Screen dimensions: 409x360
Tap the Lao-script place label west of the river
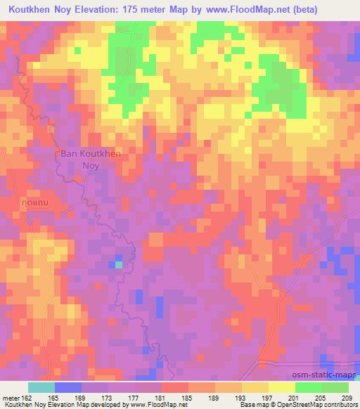pos(33,202)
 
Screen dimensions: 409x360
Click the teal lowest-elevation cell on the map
pos(118,264)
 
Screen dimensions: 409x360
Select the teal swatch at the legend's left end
pos(41,387)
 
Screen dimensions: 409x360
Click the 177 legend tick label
pos(136,397)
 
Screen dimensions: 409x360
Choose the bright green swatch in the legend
pos(308,387)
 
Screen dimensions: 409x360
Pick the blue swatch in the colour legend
pos(68,387)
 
